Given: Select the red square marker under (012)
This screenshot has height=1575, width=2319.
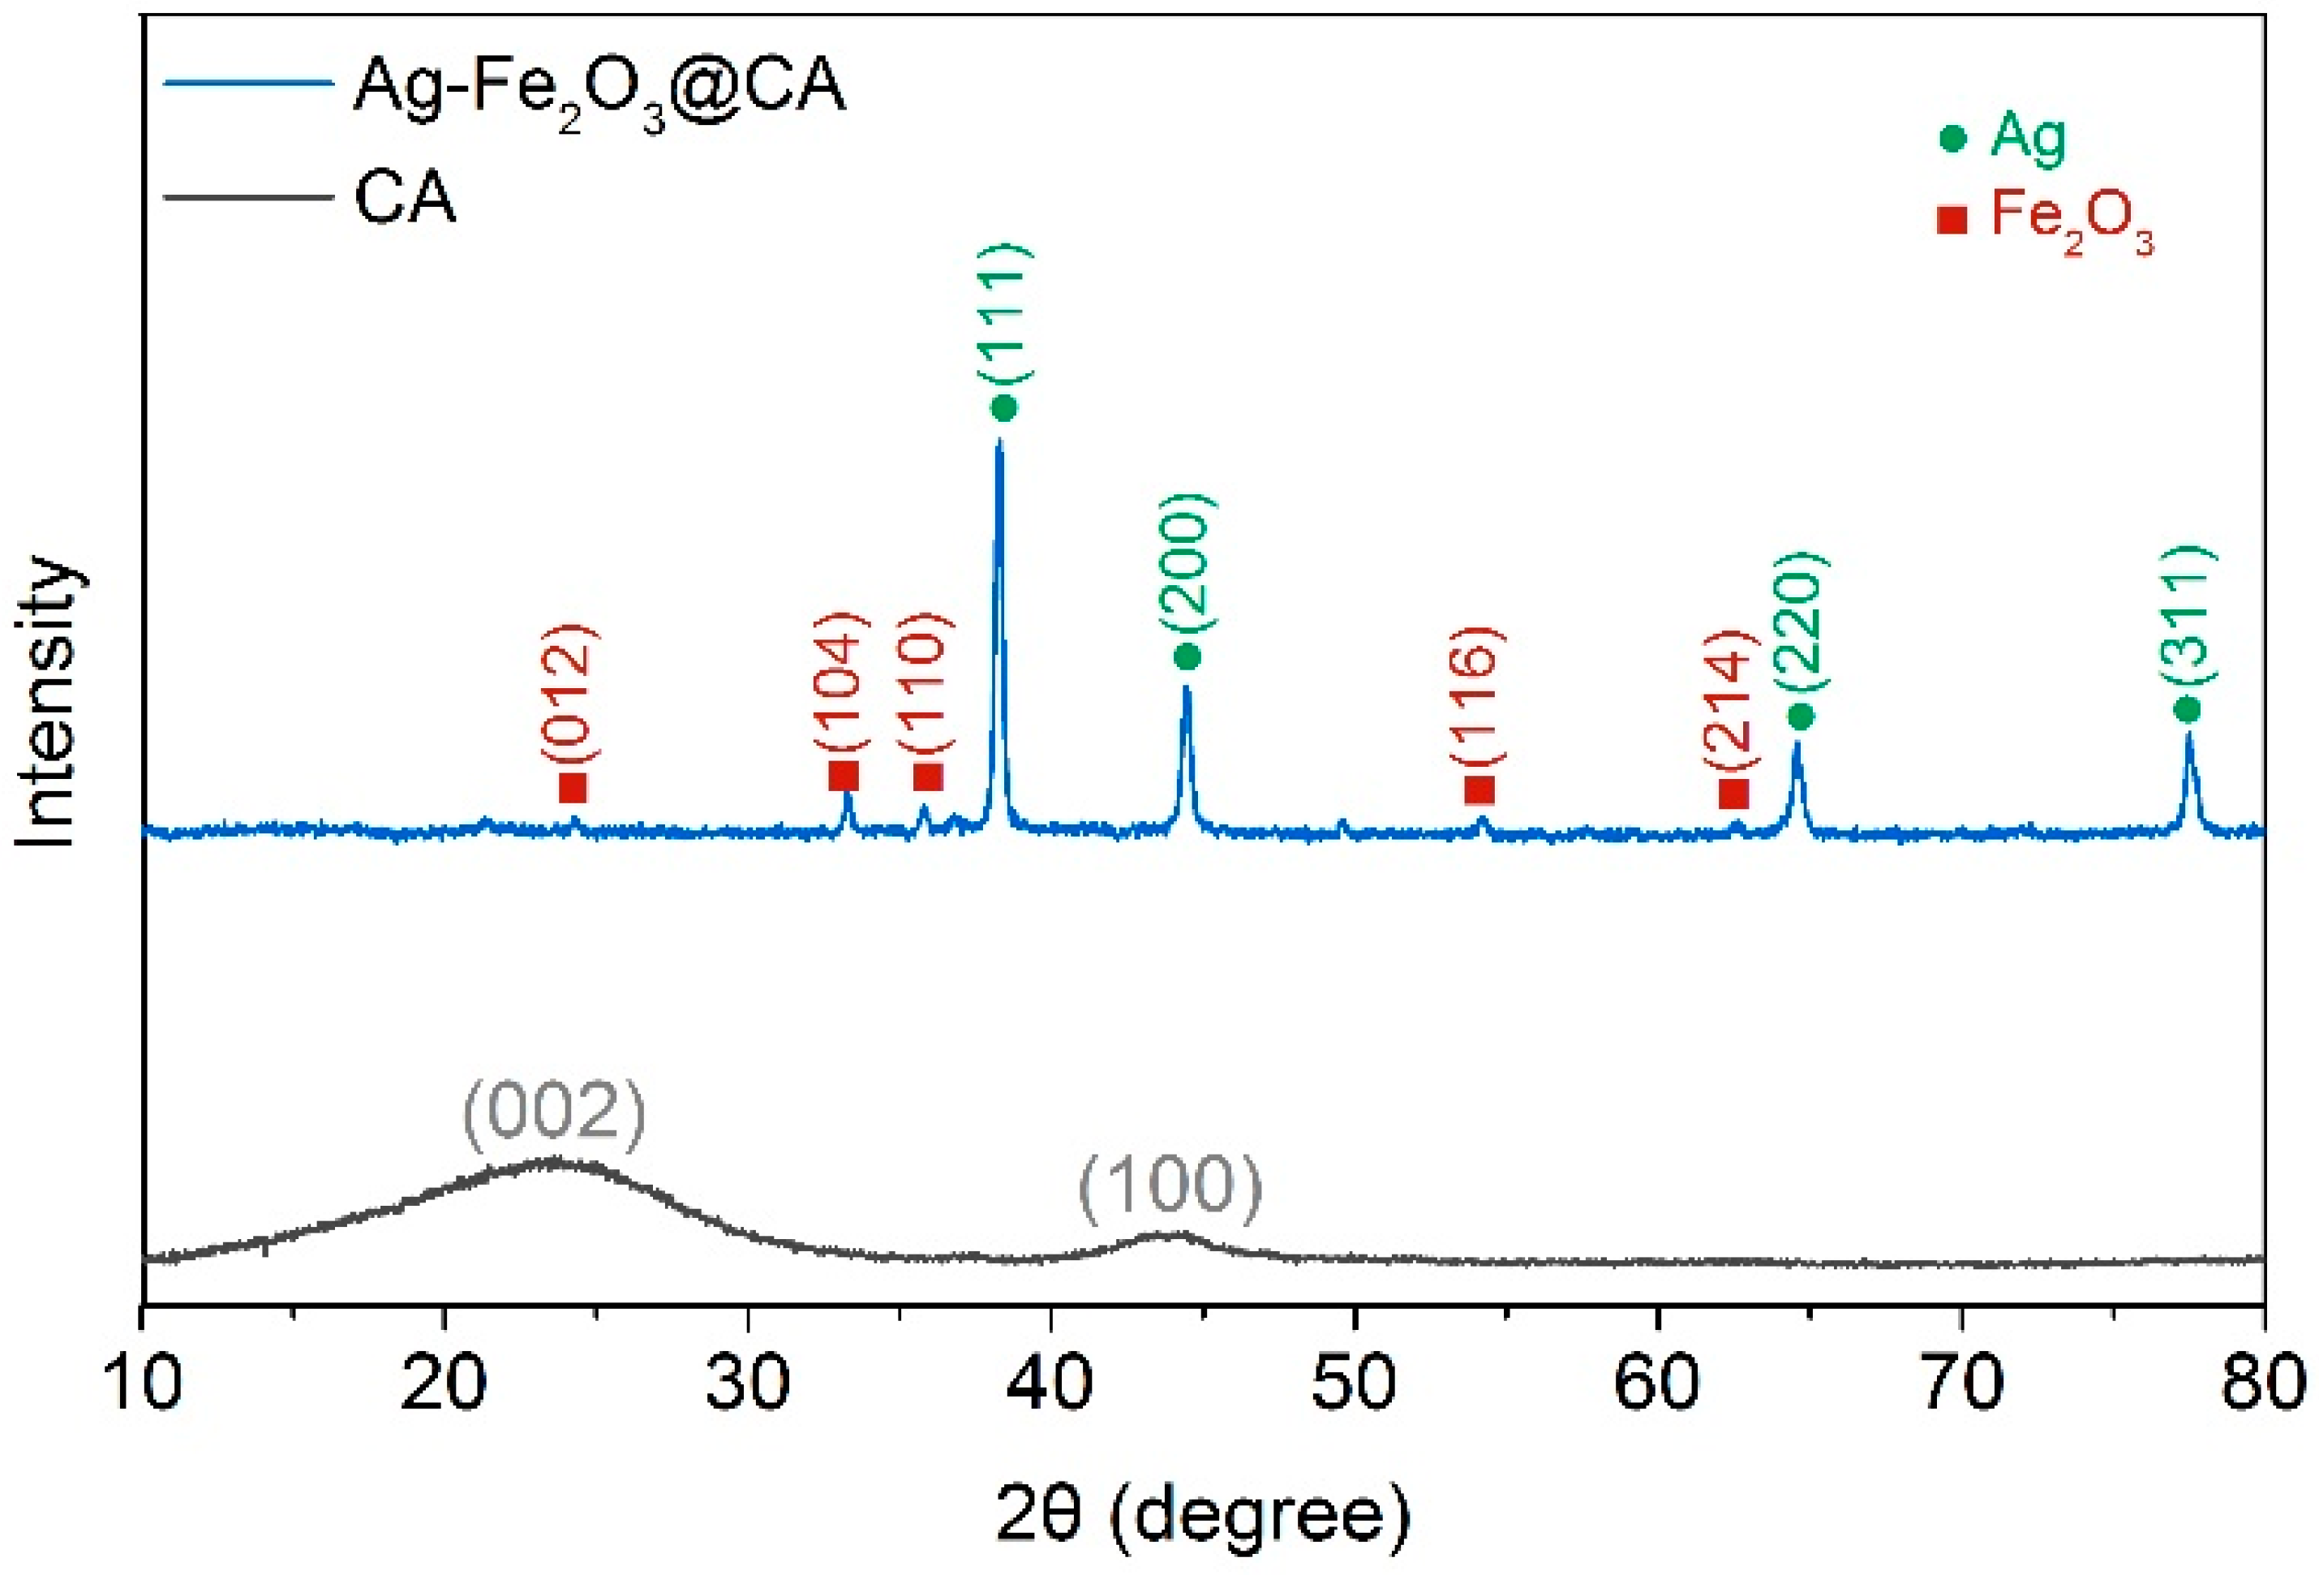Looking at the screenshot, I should [573, 787].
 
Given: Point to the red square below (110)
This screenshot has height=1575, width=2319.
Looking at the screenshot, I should [928, 776].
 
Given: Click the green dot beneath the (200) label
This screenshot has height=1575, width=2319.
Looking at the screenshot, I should [1187, 656].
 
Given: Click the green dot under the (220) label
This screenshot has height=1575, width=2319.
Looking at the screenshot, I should [1800, 716].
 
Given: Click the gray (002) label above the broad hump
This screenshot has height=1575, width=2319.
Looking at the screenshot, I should [555, 1111].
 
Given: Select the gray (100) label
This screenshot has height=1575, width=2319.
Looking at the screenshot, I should [1170, 1185].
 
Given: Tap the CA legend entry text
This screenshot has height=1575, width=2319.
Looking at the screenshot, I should [405, 199].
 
